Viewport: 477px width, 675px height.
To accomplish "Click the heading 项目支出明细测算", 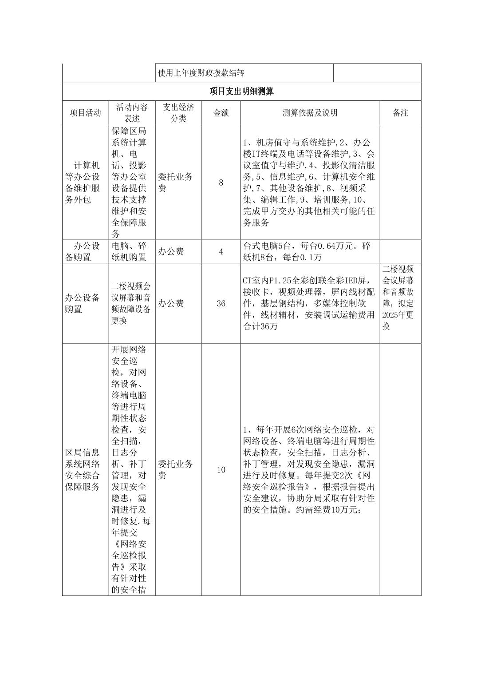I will pos(241,91).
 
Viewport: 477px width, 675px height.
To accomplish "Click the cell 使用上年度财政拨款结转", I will pos(201,73).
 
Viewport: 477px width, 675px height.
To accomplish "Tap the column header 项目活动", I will pos(85,113).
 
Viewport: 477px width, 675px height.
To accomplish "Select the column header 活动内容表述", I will pos(132,113).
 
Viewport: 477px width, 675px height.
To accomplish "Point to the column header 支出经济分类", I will pos(178,113).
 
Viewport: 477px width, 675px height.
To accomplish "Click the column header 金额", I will pos(221,113).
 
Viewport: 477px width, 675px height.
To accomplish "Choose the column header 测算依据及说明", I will pos(310,113).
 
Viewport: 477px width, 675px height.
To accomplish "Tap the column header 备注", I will pos(400,113).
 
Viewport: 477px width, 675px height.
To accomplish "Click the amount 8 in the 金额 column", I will pos(221,183).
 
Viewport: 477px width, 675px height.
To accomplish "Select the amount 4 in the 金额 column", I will pos(221,252).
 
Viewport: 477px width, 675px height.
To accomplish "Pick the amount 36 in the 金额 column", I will pos(221,304).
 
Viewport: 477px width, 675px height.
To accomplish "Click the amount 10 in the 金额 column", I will pos(221,470).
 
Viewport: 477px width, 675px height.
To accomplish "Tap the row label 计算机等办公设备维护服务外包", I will pos(84,183).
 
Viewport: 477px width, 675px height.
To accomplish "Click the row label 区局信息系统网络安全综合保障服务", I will pos(84,470).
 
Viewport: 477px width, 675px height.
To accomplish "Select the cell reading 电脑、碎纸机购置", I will pos(132,252).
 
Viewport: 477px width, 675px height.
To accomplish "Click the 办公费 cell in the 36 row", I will pos(171,304).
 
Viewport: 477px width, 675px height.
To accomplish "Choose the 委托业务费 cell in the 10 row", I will pos(175,470).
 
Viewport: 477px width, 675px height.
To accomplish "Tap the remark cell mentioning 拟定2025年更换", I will pos(399,298).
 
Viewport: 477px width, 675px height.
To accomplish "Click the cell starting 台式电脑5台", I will pos(307,252).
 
